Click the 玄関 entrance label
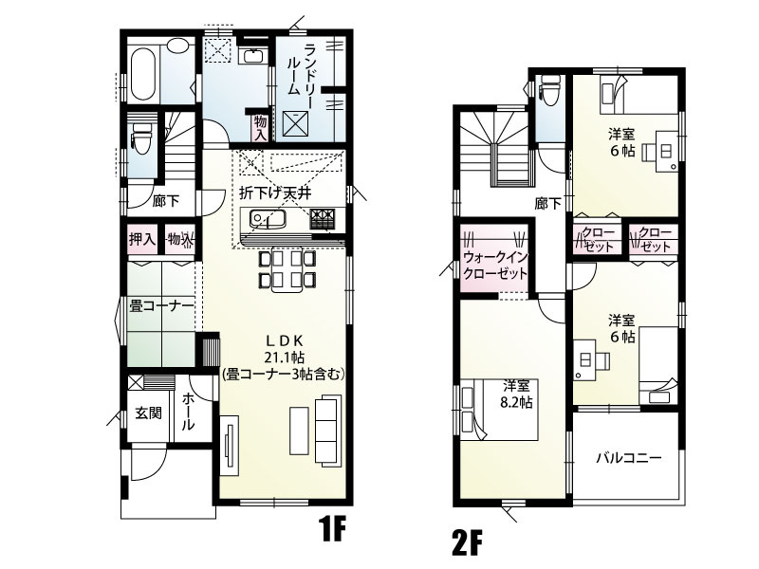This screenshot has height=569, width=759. [x=147, y=413]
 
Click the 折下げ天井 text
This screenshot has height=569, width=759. [x=274, y=193]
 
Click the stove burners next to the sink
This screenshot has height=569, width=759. [x=322, y=220]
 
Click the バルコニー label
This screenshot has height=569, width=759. [x=628, y=457]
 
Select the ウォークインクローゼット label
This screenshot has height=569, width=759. [x=494, y=265]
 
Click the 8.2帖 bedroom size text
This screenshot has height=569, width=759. [x=516, y=402]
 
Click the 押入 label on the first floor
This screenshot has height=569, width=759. [x=141, y=239]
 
